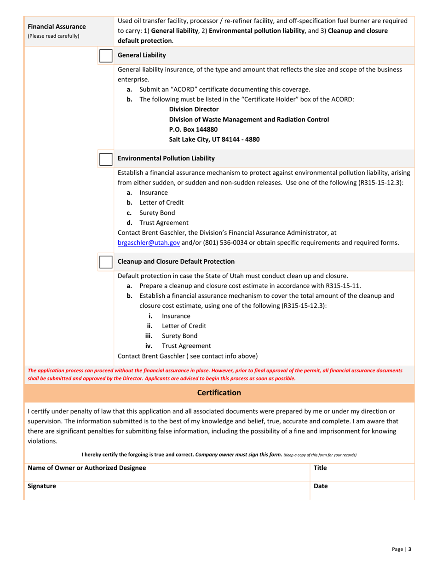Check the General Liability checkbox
106,56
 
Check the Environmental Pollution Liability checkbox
106,159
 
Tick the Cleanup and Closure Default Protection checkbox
106,262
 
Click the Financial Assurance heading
57,26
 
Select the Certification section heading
219,393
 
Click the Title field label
320,468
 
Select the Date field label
321,486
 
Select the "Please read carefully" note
54,35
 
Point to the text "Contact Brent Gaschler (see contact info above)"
188,356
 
